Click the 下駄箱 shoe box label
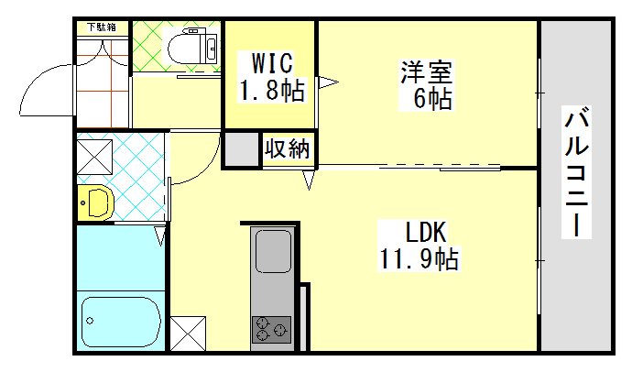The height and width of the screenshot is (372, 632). (x=103, y=27)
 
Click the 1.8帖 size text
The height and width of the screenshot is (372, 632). (x=271, y=90)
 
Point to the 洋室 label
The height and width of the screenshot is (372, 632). (x=425, y=71)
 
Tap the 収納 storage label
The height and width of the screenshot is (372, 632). (x=289, y=148)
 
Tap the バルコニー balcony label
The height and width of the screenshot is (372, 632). (x=578, y=173)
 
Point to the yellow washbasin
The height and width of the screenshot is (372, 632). (x=95, y=202)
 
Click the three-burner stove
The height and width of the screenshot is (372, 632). (x=271, y=328)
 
